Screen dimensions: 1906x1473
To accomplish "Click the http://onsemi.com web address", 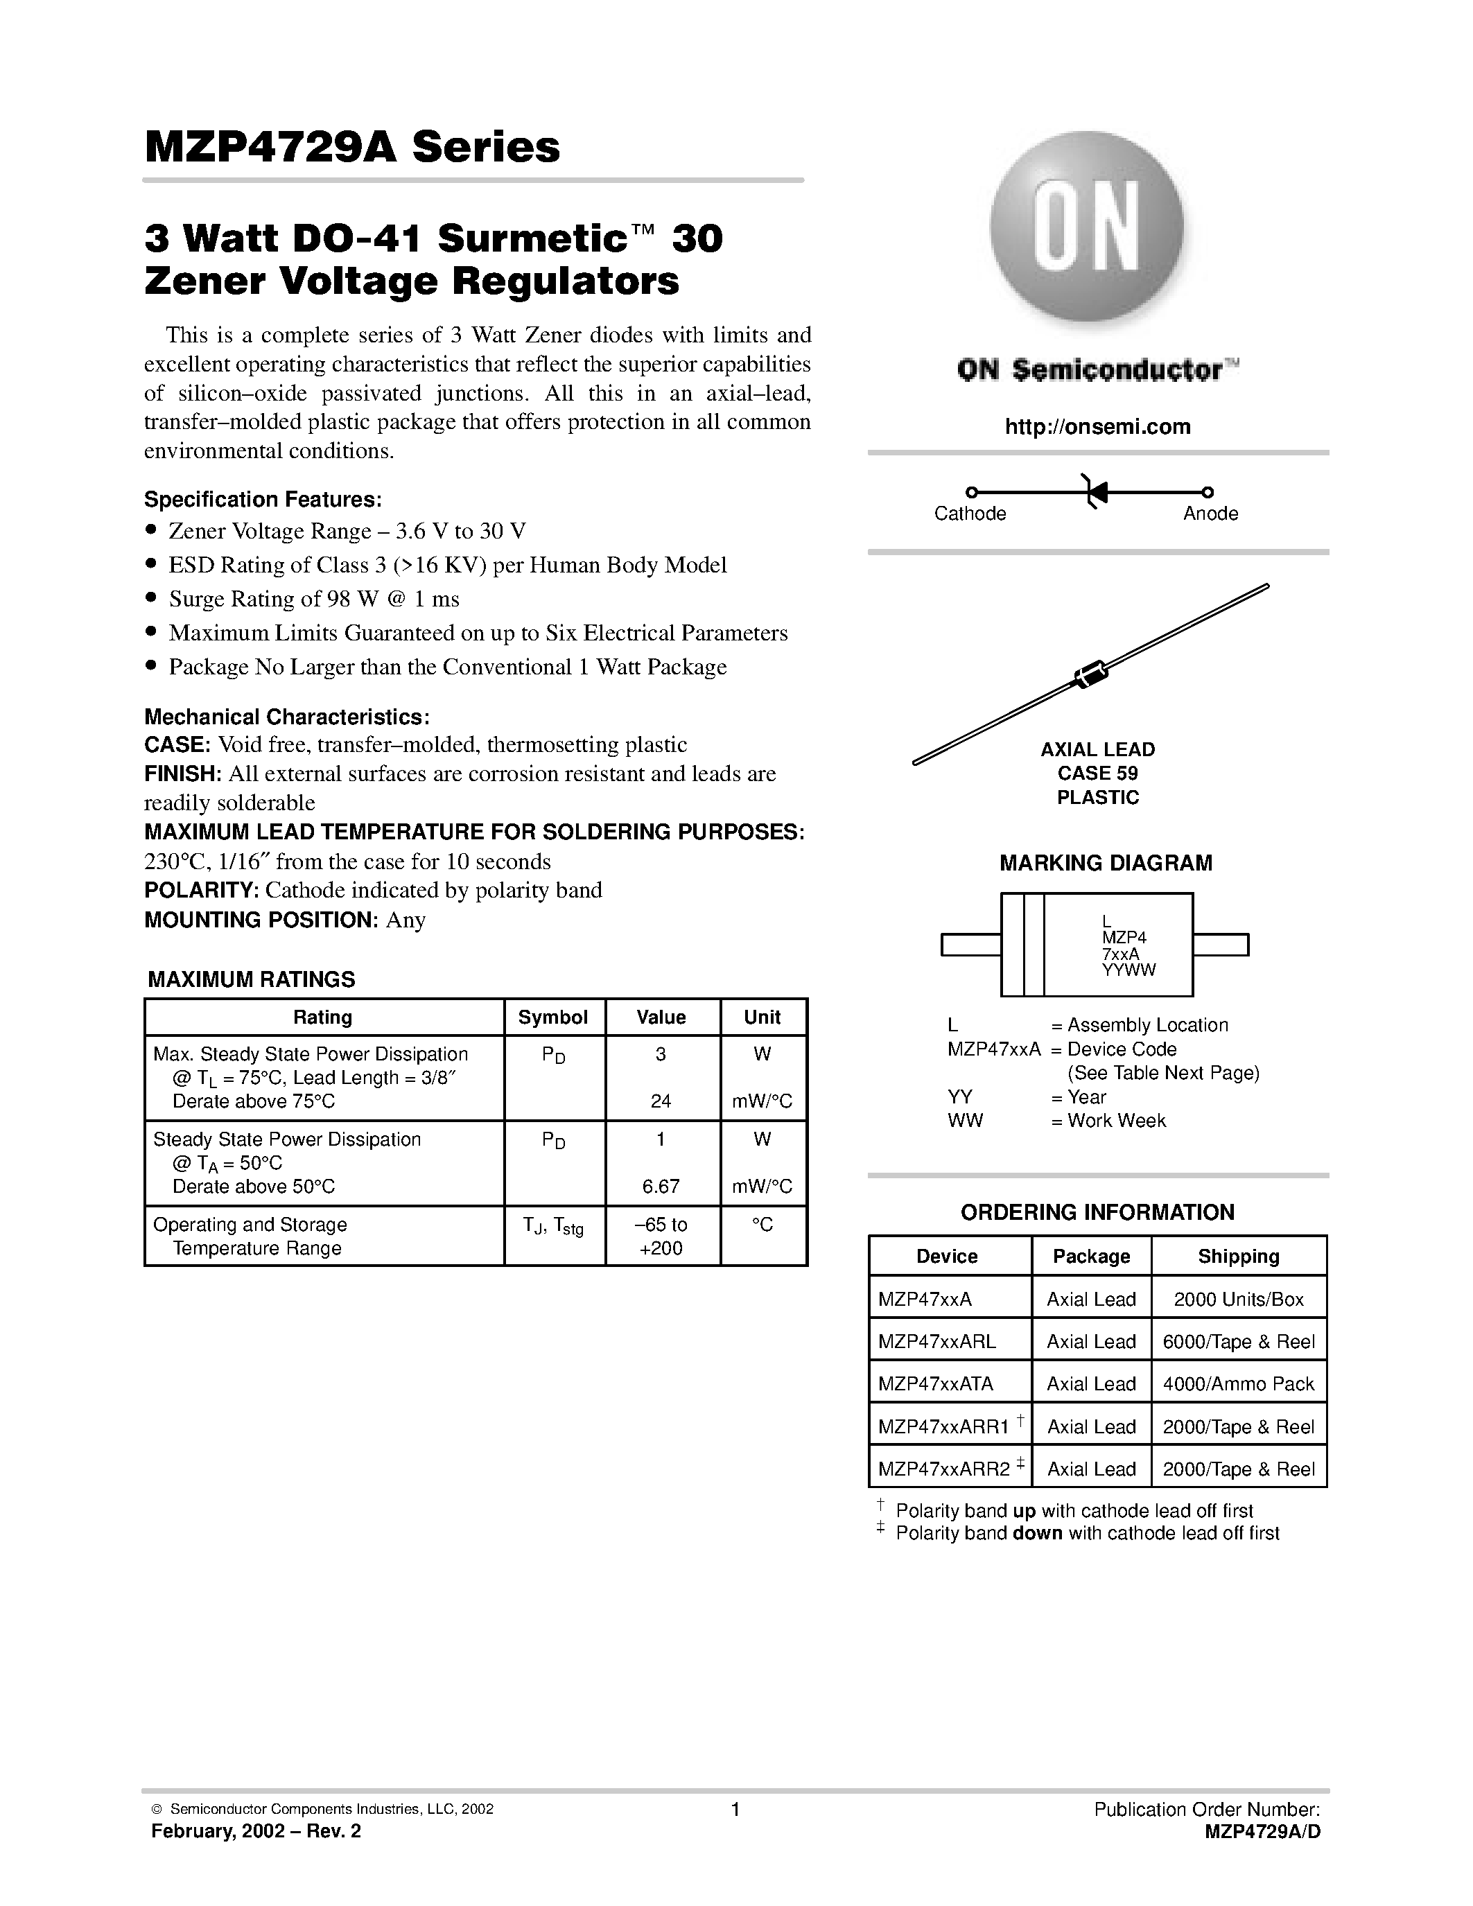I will (x=1097, y=427).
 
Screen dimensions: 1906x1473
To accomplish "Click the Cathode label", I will (x=970, y=514).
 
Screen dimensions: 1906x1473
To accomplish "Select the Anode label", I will (x=1210, y=514).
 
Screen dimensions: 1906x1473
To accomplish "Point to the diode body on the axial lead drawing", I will (x=1089, y=674).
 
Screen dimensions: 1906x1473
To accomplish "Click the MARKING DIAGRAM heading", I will (x=1105, y=863).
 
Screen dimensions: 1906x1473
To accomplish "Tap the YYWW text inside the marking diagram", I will (x=1128, y=970).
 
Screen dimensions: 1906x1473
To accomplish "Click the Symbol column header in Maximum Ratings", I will (x=553, y=1017).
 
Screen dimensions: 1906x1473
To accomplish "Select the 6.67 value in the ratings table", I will (x=661, y=1187).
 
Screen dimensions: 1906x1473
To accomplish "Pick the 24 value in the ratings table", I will (x=661, y=1101).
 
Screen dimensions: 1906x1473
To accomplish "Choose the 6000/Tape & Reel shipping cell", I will (x=1238, y=1343).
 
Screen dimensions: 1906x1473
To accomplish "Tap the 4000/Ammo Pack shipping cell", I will (x=1238, y=1384).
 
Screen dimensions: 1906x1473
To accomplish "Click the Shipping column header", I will (x=1238, y=1257).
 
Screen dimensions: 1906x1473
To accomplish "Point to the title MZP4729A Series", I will (x=351, y=148).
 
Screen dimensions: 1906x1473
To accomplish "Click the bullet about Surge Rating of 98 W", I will (x=313, y=600).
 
